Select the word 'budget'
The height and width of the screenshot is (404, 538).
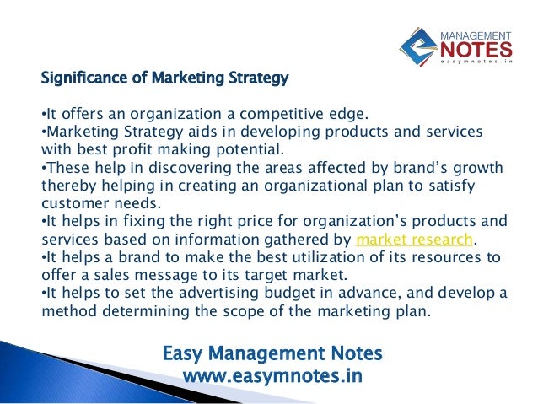click(x=316, y=292)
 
